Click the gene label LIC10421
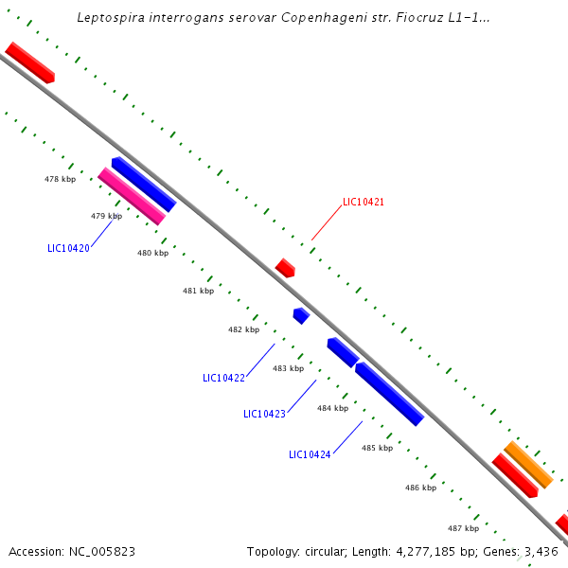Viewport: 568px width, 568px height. [364, 202]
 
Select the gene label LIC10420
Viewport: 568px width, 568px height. [68, 248]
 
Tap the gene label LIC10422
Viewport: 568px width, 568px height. [223, 378]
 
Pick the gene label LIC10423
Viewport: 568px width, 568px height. [264, 414]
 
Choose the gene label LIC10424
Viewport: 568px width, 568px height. [310, 454]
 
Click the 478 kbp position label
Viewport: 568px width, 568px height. [60, 179]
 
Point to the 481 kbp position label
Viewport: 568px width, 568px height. [198, 291]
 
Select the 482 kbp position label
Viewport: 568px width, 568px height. [243, 329]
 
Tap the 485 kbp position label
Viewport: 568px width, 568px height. [377, 448]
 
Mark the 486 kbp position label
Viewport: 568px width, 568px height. [420, 488]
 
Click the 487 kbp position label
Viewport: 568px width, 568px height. [463, 528]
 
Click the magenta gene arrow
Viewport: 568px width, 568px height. [132, 196]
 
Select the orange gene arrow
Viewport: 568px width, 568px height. [528, 464]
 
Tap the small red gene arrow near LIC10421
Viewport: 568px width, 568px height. [285, 268]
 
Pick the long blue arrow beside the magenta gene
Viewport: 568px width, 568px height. [144, 185]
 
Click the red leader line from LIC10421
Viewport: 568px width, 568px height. [326, 223]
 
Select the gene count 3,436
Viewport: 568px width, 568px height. [541, 551]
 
